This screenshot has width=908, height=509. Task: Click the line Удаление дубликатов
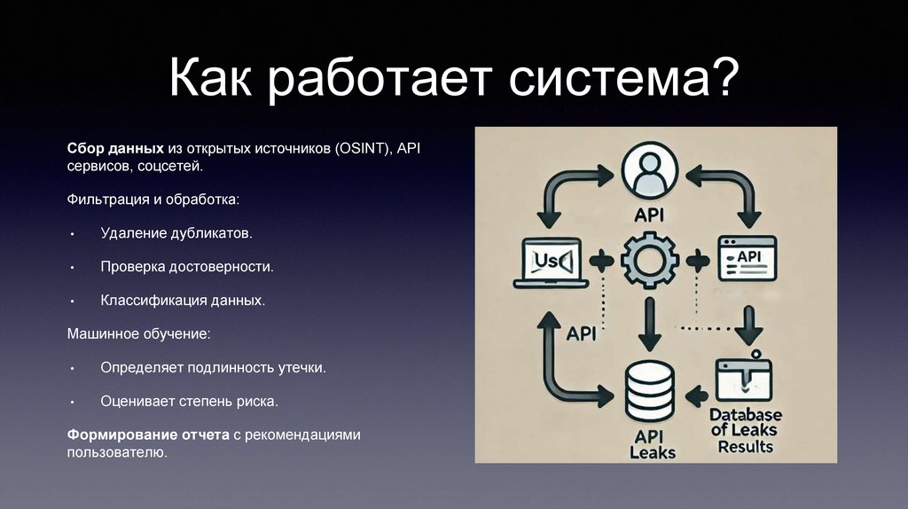click(176, 234)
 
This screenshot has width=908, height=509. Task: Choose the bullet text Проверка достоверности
click(186, 267)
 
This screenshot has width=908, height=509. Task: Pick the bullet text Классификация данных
click(183, 301)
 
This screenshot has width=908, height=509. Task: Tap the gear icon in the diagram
click(650, 259)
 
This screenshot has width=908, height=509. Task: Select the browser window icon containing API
click(746, 257)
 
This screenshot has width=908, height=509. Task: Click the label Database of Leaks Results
click(746, 430)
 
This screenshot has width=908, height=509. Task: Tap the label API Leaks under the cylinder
click(652, 443)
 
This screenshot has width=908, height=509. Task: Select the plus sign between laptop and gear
click(602, 260)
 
